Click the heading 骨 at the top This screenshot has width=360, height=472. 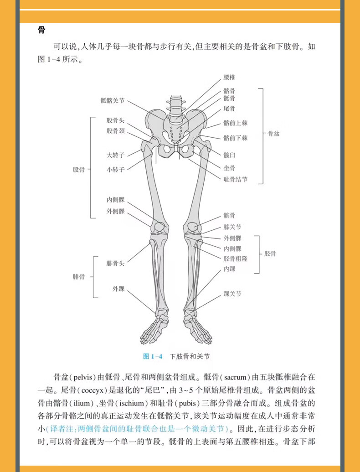[41, 31]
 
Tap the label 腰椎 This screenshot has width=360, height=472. [230, 78]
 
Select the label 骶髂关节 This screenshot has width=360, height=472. [113, 101]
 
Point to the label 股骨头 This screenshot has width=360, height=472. [115, 120]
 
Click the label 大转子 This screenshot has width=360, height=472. [115, 155]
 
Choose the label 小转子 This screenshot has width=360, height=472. [115, 170]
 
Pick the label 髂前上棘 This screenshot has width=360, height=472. [236, 123]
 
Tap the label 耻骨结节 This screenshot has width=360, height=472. [236, 180]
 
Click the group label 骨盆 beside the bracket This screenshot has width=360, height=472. [273, 134]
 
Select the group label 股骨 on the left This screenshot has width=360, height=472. [79, 170]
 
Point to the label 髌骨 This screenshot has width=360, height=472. [230, 215]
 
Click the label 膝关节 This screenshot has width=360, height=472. [232, 227]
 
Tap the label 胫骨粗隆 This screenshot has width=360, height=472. [236, 259]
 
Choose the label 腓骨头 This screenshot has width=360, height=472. [115, 263]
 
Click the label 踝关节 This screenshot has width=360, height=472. [232, 294]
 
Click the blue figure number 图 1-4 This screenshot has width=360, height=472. [153, 356]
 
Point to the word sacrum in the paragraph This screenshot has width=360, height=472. [236, 378]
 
